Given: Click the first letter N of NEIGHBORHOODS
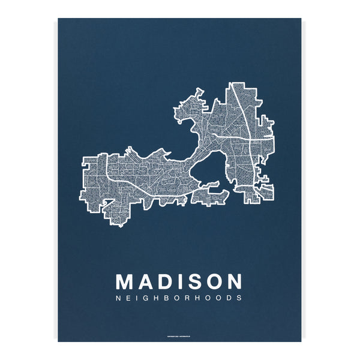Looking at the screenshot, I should tap(118, 298).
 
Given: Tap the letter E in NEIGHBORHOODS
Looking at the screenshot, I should tap(129, 298).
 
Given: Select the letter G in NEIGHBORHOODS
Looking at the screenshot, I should tap(146, 298).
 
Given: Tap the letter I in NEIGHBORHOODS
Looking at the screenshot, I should tap(137, 298).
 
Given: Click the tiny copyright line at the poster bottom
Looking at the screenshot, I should tap(179, 335).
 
